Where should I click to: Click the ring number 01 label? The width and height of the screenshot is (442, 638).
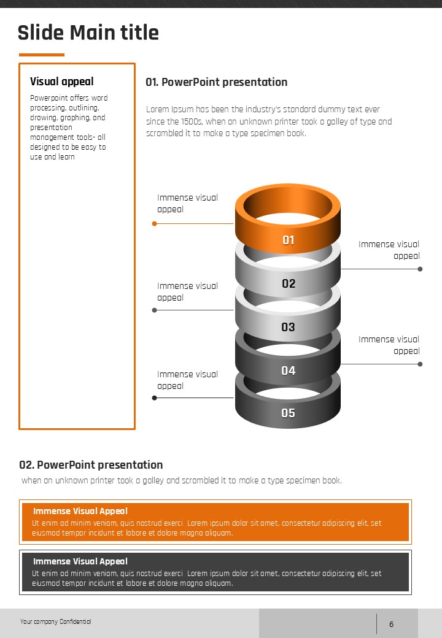[289, 240]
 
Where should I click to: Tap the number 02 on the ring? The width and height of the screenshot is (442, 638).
[289, 283]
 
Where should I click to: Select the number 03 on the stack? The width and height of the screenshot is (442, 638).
[289, 327]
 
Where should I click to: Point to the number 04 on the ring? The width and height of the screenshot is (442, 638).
[289, 371]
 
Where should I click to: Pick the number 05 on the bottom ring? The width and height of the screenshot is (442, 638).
[289, 413]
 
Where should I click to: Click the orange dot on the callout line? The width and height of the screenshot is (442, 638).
[155, 224]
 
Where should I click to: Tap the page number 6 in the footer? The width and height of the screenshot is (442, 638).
[391, 625]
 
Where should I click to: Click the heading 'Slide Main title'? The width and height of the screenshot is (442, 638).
[88, 33]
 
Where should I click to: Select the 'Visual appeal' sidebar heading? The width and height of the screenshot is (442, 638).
[62, 82]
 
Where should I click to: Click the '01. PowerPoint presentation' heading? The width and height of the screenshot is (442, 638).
[216, 82]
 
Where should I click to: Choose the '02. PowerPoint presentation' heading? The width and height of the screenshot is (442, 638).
[91, 464]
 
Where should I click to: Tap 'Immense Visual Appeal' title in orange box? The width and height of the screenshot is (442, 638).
[80, 511]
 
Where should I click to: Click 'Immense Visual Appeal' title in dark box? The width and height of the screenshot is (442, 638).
[80, 561]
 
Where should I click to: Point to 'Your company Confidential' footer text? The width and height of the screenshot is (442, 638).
[55, 622]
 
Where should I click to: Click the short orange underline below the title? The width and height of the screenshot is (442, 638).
[41, 55]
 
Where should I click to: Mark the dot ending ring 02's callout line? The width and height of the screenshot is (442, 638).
[420, 269]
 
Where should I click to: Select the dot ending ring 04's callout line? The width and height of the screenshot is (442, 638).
[420, 364]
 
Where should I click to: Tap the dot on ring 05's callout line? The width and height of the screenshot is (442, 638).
[155, 398]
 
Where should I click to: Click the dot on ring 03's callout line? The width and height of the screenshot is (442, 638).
[155, 310]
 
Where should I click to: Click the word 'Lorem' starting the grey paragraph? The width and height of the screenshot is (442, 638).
[157, 110]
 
